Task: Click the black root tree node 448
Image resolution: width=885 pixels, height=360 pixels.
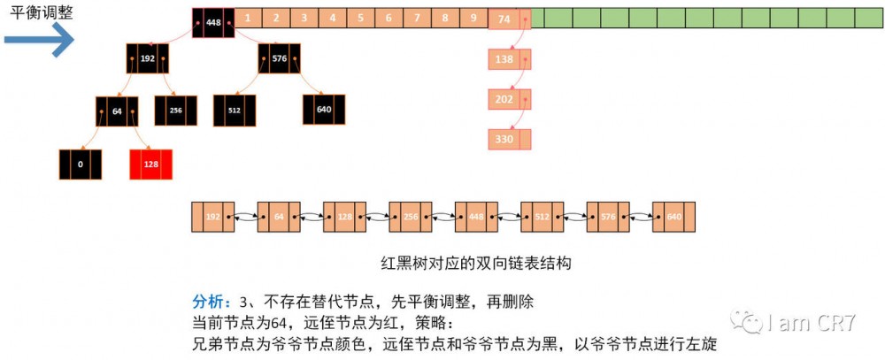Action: [213, 23]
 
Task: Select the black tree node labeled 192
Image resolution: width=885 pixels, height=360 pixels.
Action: [147, 58]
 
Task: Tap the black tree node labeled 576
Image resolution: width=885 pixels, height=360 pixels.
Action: [280, 58]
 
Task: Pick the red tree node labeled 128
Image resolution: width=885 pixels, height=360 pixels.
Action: [150, 165]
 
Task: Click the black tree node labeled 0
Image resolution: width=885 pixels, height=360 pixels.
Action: [81, 165]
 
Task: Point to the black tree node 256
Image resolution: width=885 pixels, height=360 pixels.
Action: [175, 110]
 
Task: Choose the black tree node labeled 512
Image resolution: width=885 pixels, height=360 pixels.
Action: [235, 110]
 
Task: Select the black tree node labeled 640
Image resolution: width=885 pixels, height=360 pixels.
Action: [324, 110]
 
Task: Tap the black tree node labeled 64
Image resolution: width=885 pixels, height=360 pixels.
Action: [117, 111]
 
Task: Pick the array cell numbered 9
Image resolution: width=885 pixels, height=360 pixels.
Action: [474, 17]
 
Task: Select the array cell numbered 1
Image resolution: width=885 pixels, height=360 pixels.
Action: [248, 17]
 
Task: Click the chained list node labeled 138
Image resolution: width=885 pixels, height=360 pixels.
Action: [510, 59]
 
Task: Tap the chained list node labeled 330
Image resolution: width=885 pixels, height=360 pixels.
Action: [510, 139]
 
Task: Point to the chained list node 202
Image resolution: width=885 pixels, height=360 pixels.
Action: [510, 99]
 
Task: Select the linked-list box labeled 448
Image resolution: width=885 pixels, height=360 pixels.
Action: [476, 218]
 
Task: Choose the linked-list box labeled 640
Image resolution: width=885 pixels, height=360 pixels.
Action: [673, 218]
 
